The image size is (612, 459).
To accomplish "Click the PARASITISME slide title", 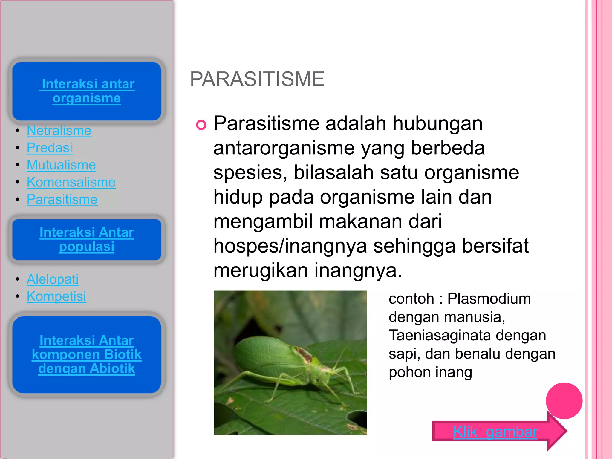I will coord(257,79).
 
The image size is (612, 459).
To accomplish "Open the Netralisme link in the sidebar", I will coord(59,131).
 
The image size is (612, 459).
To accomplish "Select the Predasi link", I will coord(50,148).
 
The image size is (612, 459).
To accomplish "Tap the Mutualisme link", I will coord(61,165).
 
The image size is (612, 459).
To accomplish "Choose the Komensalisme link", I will coord(71,182).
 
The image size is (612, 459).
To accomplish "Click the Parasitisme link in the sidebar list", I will coord(62,200).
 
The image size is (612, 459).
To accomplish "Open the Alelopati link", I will coord(53,279).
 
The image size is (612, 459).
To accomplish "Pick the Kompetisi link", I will coord(56,296).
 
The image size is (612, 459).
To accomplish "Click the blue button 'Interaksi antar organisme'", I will coord(87,91).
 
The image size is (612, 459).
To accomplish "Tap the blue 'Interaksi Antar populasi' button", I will coord(87,239).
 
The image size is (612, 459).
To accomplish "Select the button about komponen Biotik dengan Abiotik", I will coord(87,354).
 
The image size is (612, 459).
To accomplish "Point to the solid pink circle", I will coord(564,401).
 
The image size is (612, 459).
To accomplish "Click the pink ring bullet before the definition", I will coord(201,125).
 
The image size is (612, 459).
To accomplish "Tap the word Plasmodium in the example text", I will coord(489,299).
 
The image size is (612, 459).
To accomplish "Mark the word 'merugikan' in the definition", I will coord(261,270).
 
